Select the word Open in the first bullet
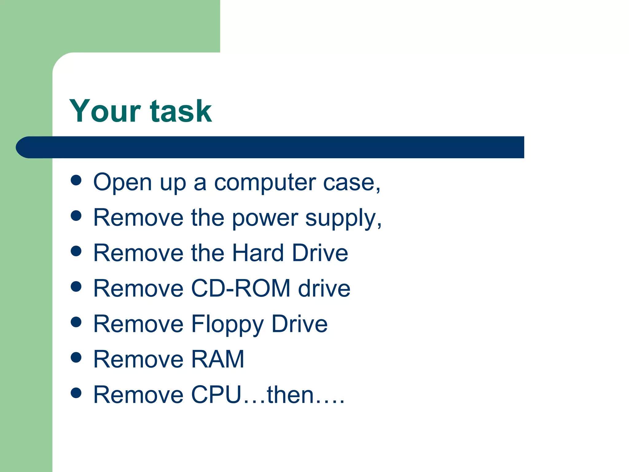[x=123, y=183]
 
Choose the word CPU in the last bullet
[x=216, y=395]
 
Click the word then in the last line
[x=290, y=395]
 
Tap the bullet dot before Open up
[x=76, y=180]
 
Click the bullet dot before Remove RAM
[x=76, y=357]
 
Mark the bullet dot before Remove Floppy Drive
[x=76, y=322]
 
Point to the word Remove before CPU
[x=138, y=395]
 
